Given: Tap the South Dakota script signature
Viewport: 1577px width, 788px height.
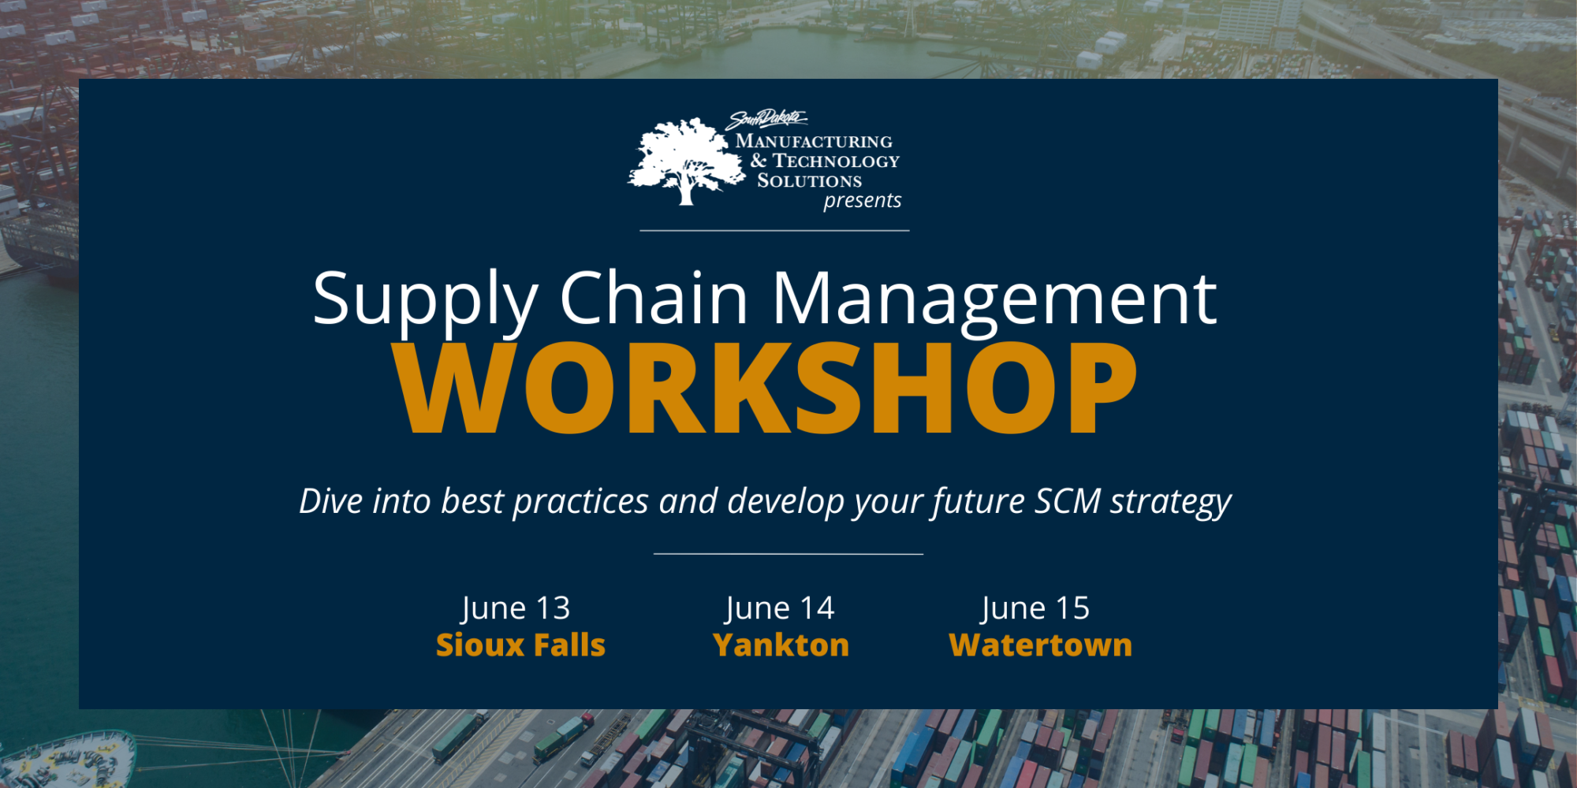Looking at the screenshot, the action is coord(766,120).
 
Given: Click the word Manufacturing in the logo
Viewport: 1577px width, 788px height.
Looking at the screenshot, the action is coord(814,142).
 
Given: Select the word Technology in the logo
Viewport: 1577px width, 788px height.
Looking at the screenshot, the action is coord(836,162).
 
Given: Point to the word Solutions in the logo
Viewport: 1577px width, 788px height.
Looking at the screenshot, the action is coord(810,180).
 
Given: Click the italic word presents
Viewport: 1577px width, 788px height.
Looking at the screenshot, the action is coord(863,201).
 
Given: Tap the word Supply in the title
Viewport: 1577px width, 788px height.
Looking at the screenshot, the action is coord(426,303).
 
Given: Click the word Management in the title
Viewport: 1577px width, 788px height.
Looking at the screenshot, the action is coord(994,303).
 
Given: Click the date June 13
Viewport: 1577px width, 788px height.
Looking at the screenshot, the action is coord(516,608).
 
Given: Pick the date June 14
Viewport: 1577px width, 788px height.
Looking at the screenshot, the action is coord(779,608).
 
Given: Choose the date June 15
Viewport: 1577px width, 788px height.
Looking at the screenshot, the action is coord(1035,608).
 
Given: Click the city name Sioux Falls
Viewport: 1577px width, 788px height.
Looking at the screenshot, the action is coord(520,645).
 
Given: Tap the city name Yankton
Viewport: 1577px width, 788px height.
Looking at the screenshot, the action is coord(781,645).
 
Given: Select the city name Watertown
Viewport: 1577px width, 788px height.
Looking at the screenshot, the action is coord(1041,645).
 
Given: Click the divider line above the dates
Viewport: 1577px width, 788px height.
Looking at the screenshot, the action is coord(788,554).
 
